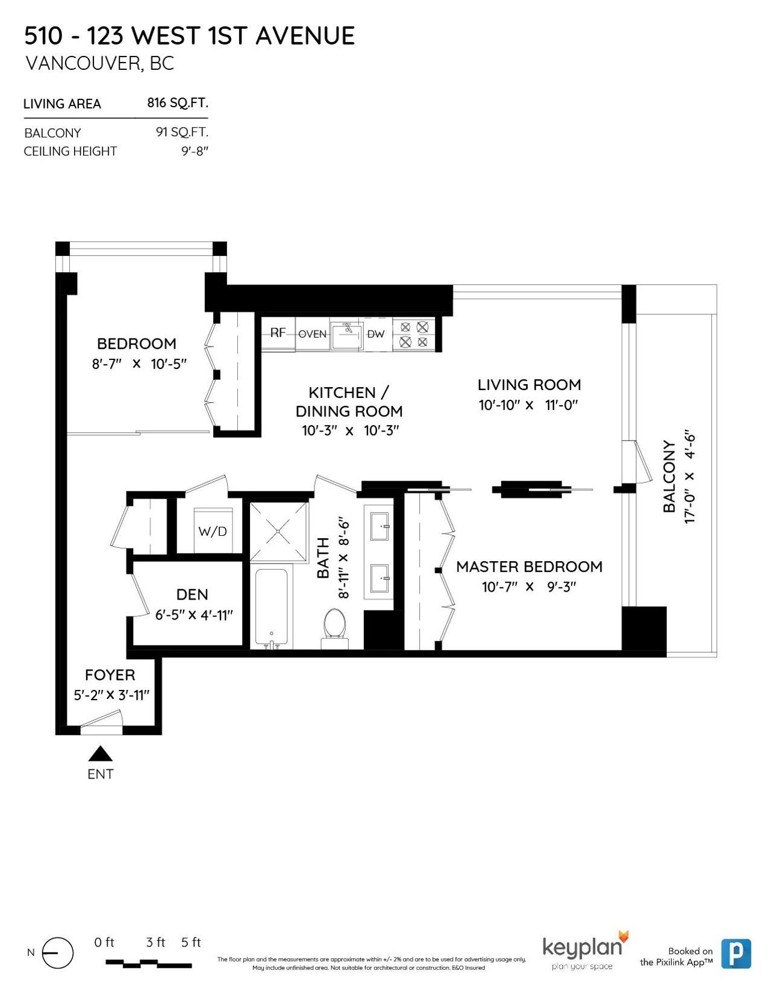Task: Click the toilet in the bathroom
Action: click(x=336, y=629)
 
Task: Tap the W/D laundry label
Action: click(x=213, y=531)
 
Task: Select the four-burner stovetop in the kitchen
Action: click(x=414, y=335)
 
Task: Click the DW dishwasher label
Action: click(x=375, y=334)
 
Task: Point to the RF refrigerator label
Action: click(x=278, y=333)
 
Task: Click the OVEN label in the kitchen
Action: click(x=312, y=334)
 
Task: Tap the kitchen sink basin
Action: click(x=347, y=335)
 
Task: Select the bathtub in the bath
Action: click(x=271, y=609)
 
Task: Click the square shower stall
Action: click(x=278, y=531)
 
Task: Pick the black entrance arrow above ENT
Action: click(x=101, y=753)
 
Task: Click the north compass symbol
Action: click(x=57, y=952)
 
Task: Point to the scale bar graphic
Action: click(x=149, y=963)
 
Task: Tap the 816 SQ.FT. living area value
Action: click(x=178, y=103)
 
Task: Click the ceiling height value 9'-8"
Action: click(x=195, y=151)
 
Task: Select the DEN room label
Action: click(x=192, y=595)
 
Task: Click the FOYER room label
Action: click(x=110, y=675)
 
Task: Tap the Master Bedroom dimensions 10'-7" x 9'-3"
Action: click(x=529, y=587)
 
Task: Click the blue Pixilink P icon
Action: click(x=736, y=954)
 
